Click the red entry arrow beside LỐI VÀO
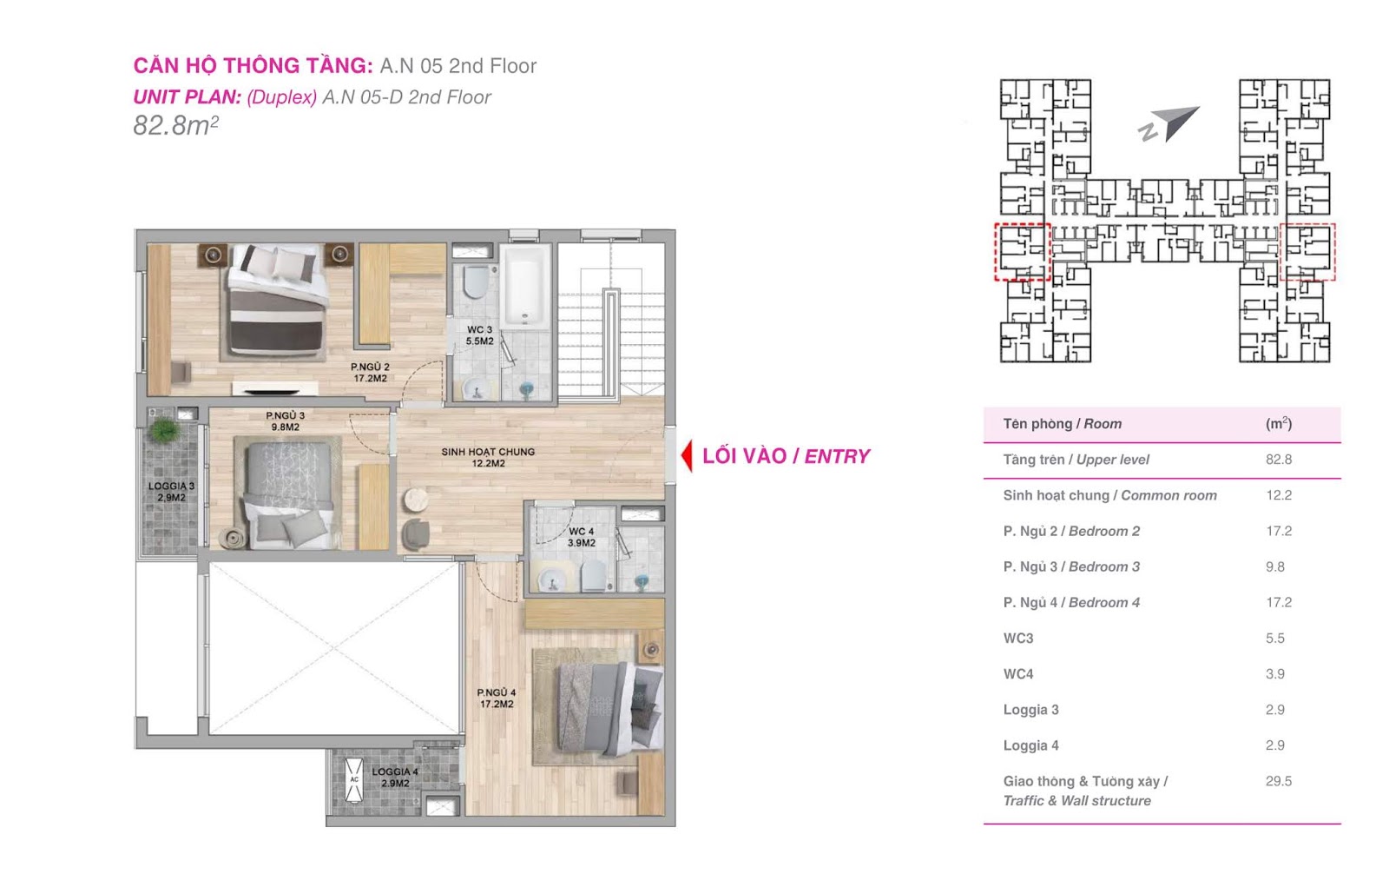click(x=687, y=456)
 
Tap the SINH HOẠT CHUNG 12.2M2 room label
click(x=488, y=458)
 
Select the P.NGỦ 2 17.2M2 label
click(x=370, y=373)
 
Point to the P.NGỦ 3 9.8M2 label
click(x=286, y=421)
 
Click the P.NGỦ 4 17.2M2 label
click(x=497, y=699)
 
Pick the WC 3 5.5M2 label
click(x=480, y=335)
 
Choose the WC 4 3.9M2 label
click(x=582, y=537)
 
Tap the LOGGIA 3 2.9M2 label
click(x=171, y=492)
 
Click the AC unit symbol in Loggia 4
click(x=354, y=779)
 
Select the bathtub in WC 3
click(x=525, y=286)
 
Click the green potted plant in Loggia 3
click(x=164, y=429)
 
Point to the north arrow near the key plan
click(x=1168, y=125)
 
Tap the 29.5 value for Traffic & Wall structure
click(x=1279, y=781)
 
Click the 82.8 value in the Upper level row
click(x=1279, y=460)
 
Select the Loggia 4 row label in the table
click(x=1030, y=745)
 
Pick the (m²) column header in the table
click(x=1279, y=423)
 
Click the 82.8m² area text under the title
click(x=175, y=125)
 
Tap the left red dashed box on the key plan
click(x=1022, y=252)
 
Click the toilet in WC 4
click(x=594, y=577)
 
